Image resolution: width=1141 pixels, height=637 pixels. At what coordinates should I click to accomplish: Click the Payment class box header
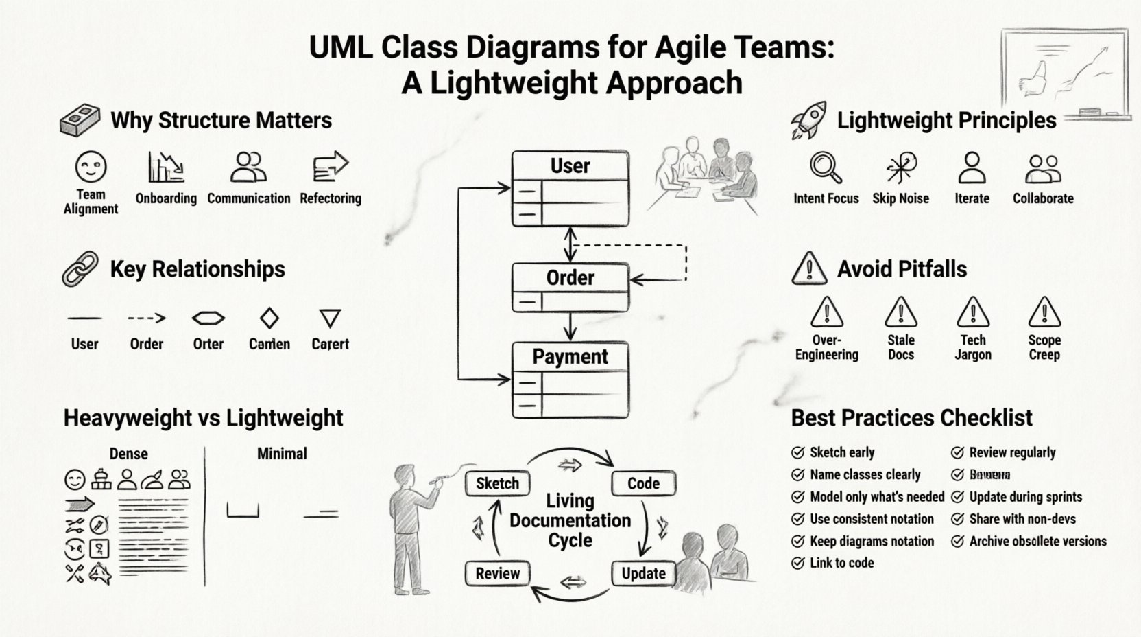[570, 357]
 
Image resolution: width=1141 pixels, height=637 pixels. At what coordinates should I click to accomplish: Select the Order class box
[570, 287]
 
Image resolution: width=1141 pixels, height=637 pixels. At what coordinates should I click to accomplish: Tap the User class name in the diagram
[570, 166]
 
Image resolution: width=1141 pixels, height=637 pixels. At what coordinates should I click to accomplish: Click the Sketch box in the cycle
[497, 483]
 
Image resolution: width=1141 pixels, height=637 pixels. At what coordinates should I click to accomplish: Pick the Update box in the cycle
[643, 573]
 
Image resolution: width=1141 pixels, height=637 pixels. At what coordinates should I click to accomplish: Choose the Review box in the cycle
[497, 573]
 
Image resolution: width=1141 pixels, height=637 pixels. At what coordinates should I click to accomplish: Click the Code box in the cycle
[643, 483]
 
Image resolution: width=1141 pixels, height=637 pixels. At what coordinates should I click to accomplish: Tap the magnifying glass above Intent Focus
[825, 167]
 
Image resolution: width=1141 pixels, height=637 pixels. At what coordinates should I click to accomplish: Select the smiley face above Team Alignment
[91, 167]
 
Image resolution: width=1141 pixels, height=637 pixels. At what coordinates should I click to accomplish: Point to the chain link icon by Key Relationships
[80, 268]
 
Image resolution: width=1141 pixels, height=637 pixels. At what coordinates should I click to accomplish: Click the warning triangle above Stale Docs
[900, 312]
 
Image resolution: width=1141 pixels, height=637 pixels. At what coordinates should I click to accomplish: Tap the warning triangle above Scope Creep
[1044, 312]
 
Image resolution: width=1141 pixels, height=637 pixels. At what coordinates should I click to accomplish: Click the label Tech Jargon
[972, 347]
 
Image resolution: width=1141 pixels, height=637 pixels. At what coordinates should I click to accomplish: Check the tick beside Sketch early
[797, 452]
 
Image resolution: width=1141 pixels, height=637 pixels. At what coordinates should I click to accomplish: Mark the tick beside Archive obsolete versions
[957, 542]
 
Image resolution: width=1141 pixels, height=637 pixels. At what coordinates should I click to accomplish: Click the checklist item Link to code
[841, 563]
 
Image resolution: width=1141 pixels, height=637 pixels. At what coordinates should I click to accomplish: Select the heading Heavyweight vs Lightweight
[203, 417]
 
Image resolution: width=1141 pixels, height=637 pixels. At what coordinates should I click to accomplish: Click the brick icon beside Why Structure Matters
[80, 121]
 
